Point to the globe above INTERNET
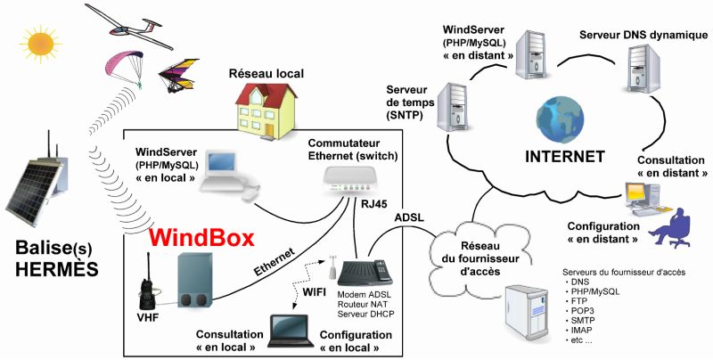(x=552, y=121)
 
